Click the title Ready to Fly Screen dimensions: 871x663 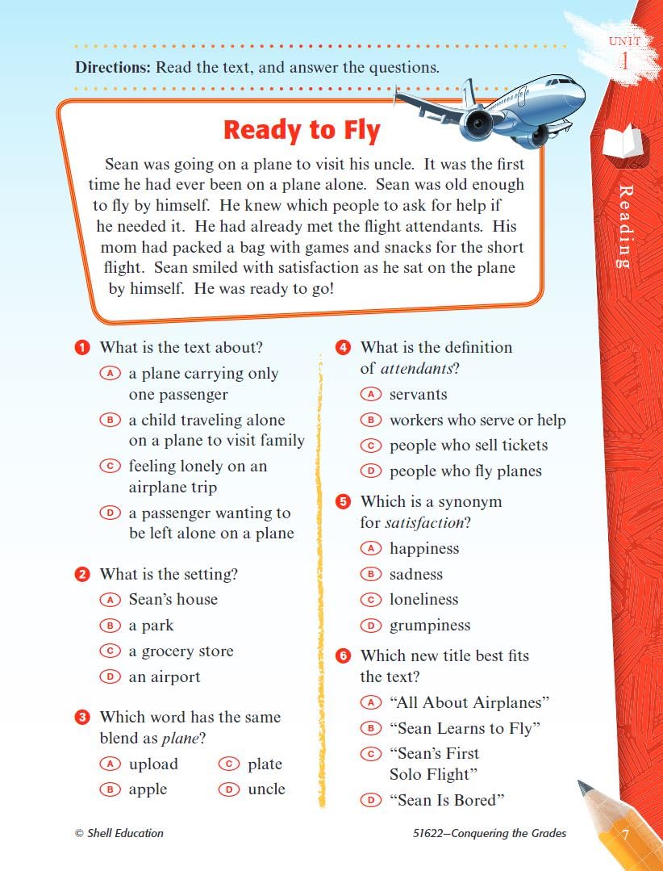pos(302,130)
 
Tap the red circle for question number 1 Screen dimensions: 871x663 pos(81,348)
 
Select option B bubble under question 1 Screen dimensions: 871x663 pos(110,420)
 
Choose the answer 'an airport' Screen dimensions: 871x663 pos(165,677)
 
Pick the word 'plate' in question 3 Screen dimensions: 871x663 pos(265,764)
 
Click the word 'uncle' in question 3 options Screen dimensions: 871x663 pos(266,789)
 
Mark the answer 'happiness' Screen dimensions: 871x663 pos(424,549)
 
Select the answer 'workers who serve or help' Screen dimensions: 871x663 pos(477,421)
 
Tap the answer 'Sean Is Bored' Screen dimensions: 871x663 pos(447,800)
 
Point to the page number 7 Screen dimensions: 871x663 pos(623,834)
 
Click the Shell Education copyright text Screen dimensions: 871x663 pos(119,833)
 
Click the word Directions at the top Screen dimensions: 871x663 pos(113,68)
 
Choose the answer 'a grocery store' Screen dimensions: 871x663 pos(181,651)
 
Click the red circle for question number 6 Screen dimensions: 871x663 pos(343,656)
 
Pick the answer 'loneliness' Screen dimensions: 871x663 pos(423,600)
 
